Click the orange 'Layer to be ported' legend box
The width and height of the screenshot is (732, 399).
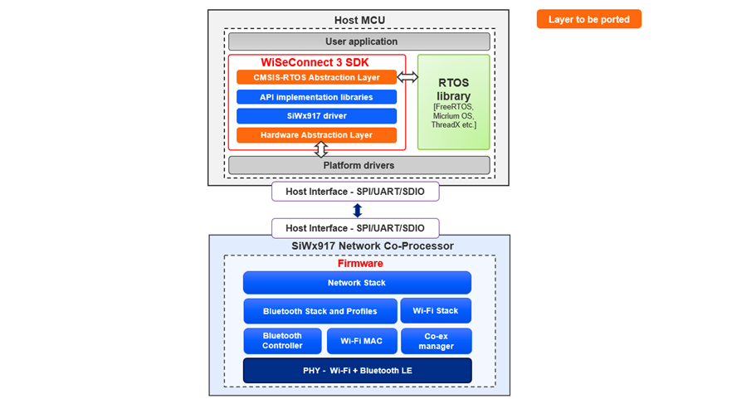coord(588,19)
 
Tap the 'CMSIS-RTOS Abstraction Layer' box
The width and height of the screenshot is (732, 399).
coord(316,77)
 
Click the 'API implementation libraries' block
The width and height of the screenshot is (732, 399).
coord(316,97)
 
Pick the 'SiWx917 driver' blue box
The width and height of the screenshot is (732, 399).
coord(316,116)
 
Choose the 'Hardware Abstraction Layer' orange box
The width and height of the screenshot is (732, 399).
coord(316,135)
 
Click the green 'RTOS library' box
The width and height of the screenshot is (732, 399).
coord(453,102)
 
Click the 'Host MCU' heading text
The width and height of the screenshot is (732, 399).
coord(359,20)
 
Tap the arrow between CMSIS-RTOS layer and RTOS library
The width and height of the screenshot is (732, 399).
coord(407,77)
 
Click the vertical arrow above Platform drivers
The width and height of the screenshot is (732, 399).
coord(321,149)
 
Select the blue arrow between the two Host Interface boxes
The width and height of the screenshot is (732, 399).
coord(358,211)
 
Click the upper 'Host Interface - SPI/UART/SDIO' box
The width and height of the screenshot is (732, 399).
coord(355,192)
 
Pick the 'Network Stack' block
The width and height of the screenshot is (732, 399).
coord(357,283)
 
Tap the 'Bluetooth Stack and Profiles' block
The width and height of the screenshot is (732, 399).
coord(320,311)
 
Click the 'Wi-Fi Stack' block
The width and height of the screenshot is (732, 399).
coord(436,310)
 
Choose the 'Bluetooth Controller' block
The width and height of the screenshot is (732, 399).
coord(282,341)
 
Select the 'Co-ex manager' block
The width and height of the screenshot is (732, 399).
coord(436,341)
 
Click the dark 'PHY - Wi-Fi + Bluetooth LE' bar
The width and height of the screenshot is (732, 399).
coord(357,370)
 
